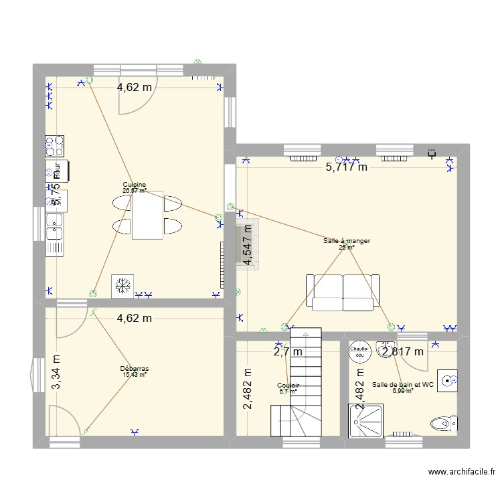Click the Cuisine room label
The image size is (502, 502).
135,185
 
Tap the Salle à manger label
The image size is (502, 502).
346,241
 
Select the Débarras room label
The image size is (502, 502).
135,369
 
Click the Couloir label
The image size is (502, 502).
288,386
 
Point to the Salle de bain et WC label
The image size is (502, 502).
403,385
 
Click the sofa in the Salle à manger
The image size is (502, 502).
342,292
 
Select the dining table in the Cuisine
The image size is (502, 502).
147,216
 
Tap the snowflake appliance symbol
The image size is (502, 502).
122,286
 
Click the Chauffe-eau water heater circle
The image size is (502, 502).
360,352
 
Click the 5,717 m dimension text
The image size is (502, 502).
346,167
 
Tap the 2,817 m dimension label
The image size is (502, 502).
402,351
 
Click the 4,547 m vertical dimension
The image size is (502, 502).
249,244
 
